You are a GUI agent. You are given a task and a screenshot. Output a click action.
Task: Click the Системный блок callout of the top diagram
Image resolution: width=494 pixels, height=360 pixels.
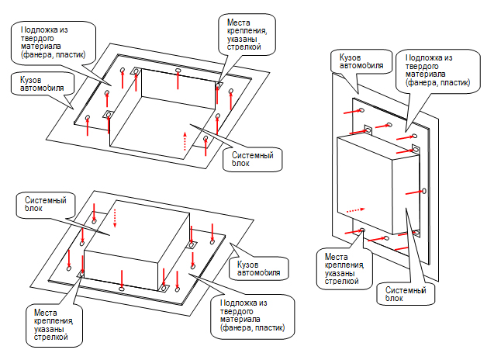click(x=252, y=160)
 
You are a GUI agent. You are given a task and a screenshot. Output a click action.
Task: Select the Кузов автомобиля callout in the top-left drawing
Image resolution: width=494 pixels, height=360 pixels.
click(x=43, y=84)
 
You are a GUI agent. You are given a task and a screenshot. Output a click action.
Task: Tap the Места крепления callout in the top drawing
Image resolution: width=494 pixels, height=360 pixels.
click(x=247, y=35)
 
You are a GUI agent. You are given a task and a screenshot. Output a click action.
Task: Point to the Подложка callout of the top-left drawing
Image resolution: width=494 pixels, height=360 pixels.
click(x=54, y=43)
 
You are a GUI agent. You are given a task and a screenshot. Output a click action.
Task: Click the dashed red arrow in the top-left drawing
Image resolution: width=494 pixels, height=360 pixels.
click(x=185, y=141)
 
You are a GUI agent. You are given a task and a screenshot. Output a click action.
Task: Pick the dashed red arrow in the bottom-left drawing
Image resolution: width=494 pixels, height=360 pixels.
click(x=115, y=218)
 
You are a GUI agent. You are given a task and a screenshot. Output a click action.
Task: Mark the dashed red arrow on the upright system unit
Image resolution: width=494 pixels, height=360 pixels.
click(x=355, y=209)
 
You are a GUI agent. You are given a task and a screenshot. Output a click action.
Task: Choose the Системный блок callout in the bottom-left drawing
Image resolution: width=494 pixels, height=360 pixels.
click(x=46, y=205)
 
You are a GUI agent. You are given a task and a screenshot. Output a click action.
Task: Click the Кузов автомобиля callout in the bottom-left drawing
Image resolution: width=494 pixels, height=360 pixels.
click(x=258, y=269)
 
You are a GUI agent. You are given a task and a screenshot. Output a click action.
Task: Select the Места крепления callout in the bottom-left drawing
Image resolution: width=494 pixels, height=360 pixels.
click(x=54, y=325)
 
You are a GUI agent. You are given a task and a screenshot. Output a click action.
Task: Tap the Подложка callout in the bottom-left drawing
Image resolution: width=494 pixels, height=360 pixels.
click(x=252, y=317)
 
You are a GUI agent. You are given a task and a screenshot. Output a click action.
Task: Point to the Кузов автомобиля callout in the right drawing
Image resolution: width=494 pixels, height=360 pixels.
click(x=361, y=61)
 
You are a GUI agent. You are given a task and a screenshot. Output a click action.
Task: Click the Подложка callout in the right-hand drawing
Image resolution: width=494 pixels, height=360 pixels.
click(x=437, y=71)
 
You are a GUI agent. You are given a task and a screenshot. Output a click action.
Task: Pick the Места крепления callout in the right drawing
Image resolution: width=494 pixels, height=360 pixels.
click(x=344, y=269)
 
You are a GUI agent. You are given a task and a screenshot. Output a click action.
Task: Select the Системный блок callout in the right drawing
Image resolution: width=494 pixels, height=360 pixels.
click(x=406, y=294)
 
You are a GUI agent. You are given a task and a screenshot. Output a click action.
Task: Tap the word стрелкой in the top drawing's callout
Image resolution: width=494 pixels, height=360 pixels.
click(x=244, y=47)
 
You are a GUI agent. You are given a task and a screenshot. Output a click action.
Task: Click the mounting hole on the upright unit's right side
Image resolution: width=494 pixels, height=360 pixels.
click(x=424, y=191)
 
